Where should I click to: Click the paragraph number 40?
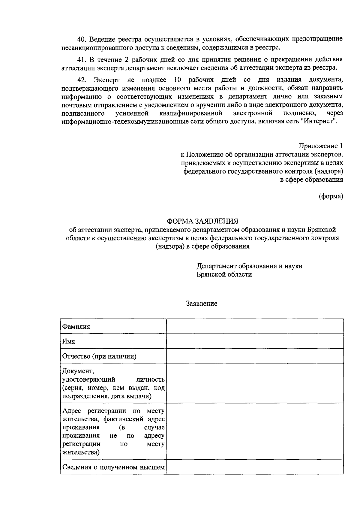[81, 39]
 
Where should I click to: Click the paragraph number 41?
[81, 59]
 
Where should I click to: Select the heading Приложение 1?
[320, 146]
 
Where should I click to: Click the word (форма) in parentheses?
[331, 196]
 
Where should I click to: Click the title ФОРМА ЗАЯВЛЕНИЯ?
[202, 221]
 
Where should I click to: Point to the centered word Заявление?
[202, 304]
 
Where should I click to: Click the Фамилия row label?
[76, 327]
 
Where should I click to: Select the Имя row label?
[68, 342]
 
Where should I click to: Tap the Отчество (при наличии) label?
[99, 356]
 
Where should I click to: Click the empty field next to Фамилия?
[255, 326]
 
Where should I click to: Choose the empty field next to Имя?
[255, 341]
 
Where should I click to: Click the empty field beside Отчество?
[255, 356]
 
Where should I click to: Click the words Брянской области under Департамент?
[224, 274]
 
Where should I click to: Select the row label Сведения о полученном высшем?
[113, 467]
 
